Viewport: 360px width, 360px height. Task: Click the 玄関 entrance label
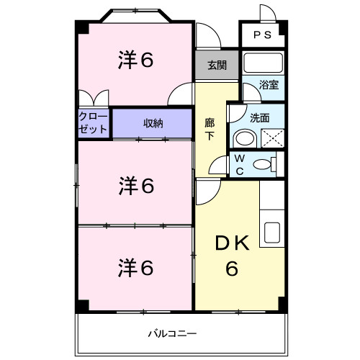(217, 66)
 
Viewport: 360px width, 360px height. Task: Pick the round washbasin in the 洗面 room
(244, 138)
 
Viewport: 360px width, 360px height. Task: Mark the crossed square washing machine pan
(269, 138)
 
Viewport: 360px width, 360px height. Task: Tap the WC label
(240, 165)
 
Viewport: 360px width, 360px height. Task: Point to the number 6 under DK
(233, 269)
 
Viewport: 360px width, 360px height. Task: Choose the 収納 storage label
(153, 123)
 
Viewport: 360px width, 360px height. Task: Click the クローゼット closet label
(93, 123)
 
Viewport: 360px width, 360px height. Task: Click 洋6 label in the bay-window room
(135, 61)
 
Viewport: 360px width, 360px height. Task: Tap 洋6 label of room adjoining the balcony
(135, 268)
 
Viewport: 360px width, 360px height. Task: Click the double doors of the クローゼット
(94, 99)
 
